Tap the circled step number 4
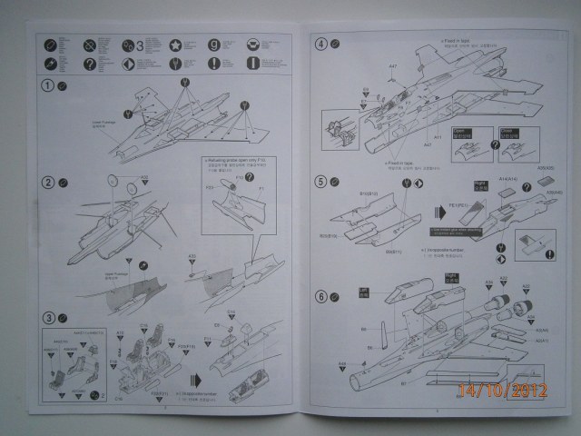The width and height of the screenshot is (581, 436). pyautogui.click(x=320, y=44)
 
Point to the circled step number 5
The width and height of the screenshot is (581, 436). pyautogui.click(x=320, y=181)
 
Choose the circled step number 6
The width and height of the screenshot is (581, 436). pyautogui.click(x=320, y=296)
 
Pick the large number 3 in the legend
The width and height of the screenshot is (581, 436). pyautogui.click(x=141, y=45)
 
